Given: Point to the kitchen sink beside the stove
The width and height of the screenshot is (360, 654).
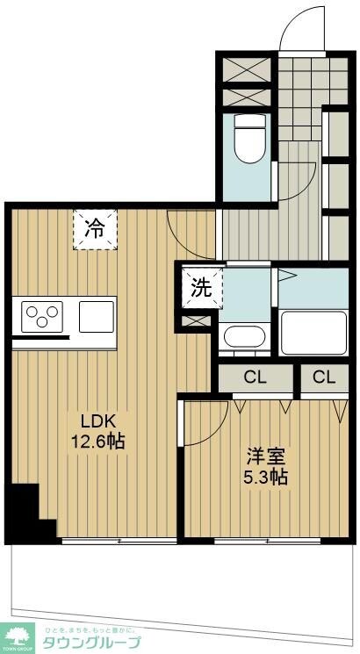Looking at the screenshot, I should pyautogui.click(x=97, y=314).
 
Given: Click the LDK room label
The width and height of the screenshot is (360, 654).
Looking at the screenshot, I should pyautogui.click(x=97, y=420).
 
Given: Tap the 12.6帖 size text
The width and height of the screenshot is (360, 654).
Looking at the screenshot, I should pyautogui.click(x=97, y=441).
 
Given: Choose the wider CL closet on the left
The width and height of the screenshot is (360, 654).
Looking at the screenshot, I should pyautogui.click(x=255, y=378).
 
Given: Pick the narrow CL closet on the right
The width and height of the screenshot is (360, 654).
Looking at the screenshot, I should pyautogui.click(x=323, y=378).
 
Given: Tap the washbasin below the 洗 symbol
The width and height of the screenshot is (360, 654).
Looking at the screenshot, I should pyautogui.click(x=241, y=336).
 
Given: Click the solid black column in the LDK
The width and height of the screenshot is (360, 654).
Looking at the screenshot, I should pyautogui.click(x=23, y=509).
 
